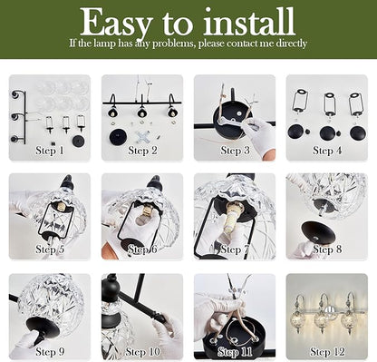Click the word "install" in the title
248,21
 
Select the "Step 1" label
50,151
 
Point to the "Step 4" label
327,151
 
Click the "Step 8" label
327,249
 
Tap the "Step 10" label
142,352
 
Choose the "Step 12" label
327,352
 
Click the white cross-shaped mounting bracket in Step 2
141,137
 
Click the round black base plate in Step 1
80,141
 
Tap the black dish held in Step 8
318,233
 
